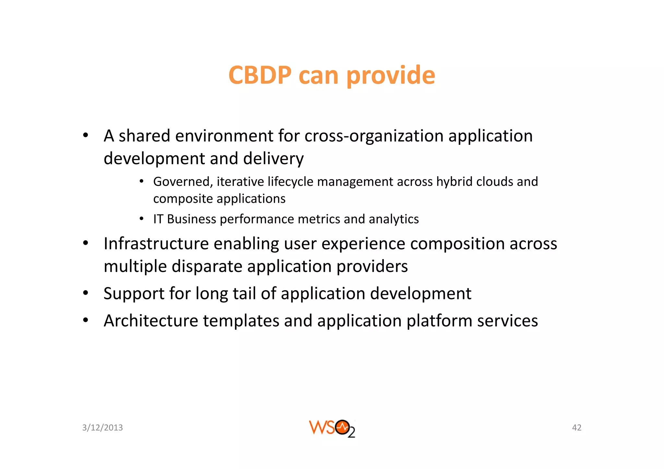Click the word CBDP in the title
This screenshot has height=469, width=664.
(260, 75)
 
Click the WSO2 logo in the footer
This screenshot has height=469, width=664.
(332, 428)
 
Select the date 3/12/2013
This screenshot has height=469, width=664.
(102, 428)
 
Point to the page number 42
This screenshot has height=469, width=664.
(576, 428)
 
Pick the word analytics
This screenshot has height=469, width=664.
(394, 219)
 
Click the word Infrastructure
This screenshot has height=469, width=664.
(156, 244)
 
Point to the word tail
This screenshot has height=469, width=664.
(244, 294)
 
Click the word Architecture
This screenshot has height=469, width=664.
(151, 321)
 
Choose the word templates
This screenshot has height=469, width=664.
(241, 321)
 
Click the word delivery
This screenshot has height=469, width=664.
(273, 159)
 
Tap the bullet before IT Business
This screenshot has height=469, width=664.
(141, 219)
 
